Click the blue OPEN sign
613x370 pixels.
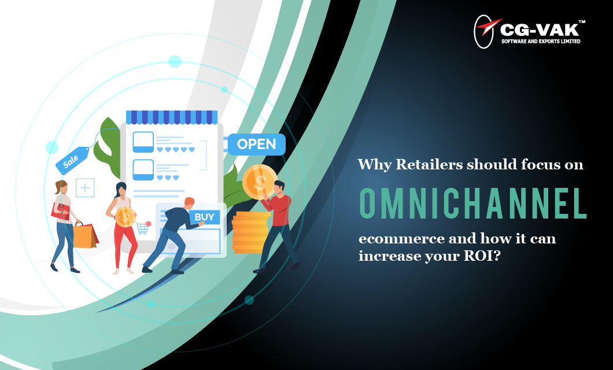click(256, 145)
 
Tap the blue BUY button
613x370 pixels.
click(204, 217)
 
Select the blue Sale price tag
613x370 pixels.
click(72, 161)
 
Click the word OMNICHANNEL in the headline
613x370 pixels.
click(472, 202)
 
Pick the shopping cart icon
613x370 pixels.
click(142, 228)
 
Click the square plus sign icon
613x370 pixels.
click(85, 188)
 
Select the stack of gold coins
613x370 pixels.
click(250, 231)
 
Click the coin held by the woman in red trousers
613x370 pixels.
click(125, 217)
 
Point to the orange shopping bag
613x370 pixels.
click(84, 235)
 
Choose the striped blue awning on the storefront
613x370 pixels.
click(171, 117)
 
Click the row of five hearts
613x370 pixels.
click(176, 149)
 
